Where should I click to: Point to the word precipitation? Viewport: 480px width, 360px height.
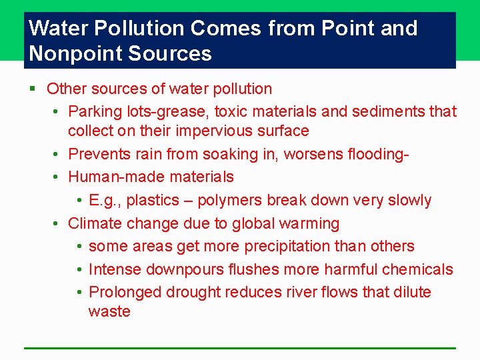(287, 246)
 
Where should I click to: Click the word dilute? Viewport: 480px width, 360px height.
(412, 292)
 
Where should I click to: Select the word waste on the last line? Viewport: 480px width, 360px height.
(109, 311)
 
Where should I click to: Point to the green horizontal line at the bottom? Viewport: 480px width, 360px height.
(240, 348)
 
